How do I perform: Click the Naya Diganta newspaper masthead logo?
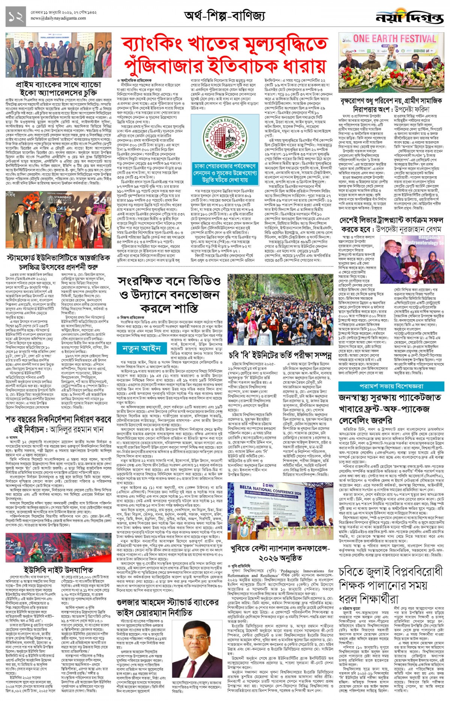[x=409, y=17]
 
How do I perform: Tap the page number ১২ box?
[x=16, y=17]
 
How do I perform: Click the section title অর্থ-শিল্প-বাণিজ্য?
[x=225, y=16]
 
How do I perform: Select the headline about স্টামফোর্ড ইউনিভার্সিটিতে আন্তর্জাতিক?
[x=58, y=262]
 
